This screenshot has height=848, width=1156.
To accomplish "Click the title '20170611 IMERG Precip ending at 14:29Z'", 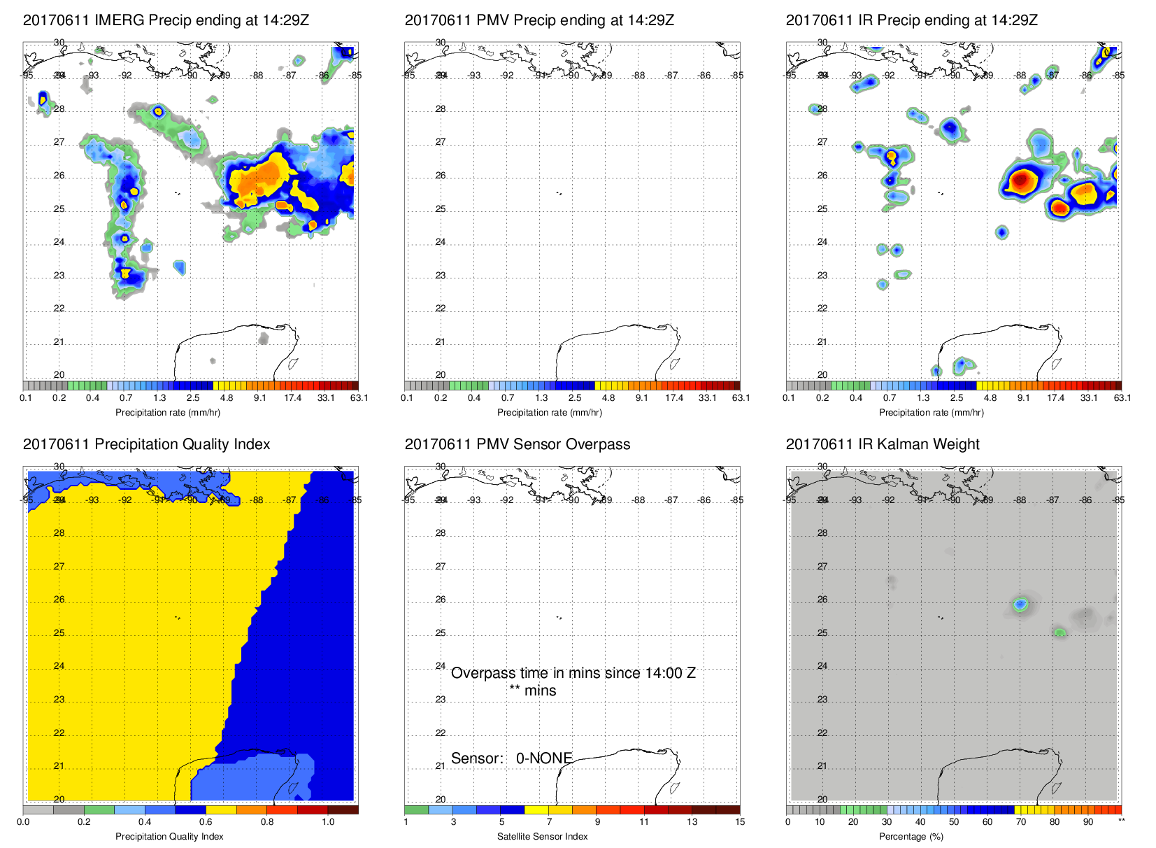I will click(166, 20).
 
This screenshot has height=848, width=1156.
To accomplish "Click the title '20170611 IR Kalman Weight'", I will click(882, 444).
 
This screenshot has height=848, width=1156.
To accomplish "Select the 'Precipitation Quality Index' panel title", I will click(146, 444).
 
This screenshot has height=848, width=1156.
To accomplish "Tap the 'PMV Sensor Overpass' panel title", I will click(517, 444).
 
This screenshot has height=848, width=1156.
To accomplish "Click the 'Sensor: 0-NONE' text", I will click(511, 758).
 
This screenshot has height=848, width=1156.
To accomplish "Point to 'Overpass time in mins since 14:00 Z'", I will click(573, 673).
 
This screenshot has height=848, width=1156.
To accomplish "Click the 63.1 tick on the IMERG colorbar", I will click(359, 398).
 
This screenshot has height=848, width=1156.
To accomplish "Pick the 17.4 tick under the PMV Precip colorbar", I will click(674, 398).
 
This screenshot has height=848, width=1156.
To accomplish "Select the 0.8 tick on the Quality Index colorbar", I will click(267, 822).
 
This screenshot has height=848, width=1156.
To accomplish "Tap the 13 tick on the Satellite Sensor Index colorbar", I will click(692, 822).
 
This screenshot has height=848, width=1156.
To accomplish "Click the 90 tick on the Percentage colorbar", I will click(1088, 822).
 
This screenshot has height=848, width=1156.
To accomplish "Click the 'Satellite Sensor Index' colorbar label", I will click(542, 837).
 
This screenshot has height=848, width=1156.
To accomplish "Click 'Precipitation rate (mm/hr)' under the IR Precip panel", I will click(931, 413).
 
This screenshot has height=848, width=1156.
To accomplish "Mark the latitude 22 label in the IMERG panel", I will click(59, 309).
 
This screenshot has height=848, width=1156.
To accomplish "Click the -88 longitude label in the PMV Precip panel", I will click(639, 76).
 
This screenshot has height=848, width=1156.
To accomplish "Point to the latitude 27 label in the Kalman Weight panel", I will click(822, 567).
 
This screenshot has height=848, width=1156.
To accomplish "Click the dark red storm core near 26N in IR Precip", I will click(1022, 180).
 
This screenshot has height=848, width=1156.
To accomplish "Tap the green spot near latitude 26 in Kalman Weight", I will click(1020, 604).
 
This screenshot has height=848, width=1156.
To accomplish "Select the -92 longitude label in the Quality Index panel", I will click(126, 500).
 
